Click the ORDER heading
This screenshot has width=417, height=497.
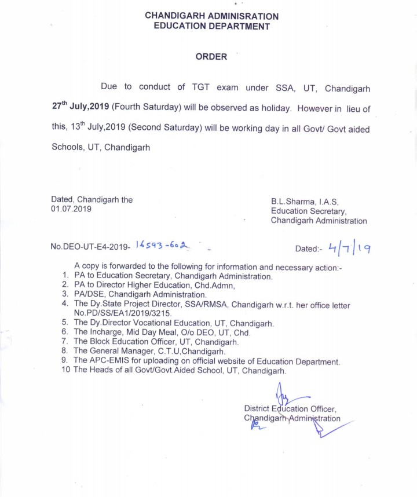(x=211, y=57)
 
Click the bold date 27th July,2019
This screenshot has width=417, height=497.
(x=81, y=108)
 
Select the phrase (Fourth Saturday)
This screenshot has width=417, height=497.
(x=145, y=108)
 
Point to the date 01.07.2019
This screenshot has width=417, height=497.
(x=71, y=209)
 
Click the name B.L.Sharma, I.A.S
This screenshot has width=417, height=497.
(x=305, y=201)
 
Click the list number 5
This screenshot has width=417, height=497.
(x=65, y=322)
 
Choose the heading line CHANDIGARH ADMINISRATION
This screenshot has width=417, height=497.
(x=211, y=16)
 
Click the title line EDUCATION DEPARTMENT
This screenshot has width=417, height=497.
(x=211, y=26)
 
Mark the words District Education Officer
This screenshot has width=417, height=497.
(x=290, y=408)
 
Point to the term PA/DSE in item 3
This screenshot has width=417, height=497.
(x=89, y=295)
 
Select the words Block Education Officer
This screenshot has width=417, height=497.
(x=134, y=342)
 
